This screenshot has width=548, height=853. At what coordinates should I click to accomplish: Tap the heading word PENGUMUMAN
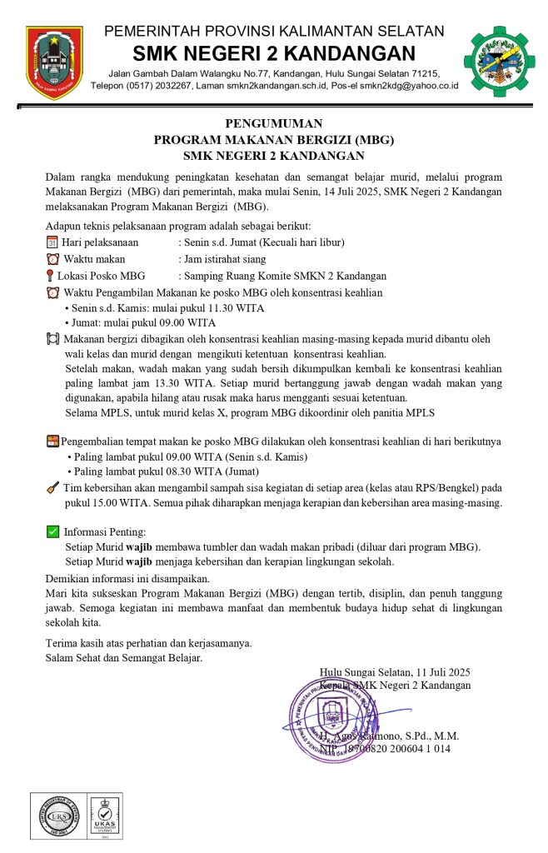274,124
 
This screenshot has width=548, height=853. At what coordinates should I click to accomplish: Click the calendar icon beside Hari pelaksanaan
52,242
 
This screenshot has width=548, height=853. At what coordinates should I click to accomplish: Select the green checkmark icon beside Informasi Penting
52,531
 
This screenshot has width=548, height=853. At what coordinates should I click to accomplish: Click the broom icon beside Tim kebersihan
52,487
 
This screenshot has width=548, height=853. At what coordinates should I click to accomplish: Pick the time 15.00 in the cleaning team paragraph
109,503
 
